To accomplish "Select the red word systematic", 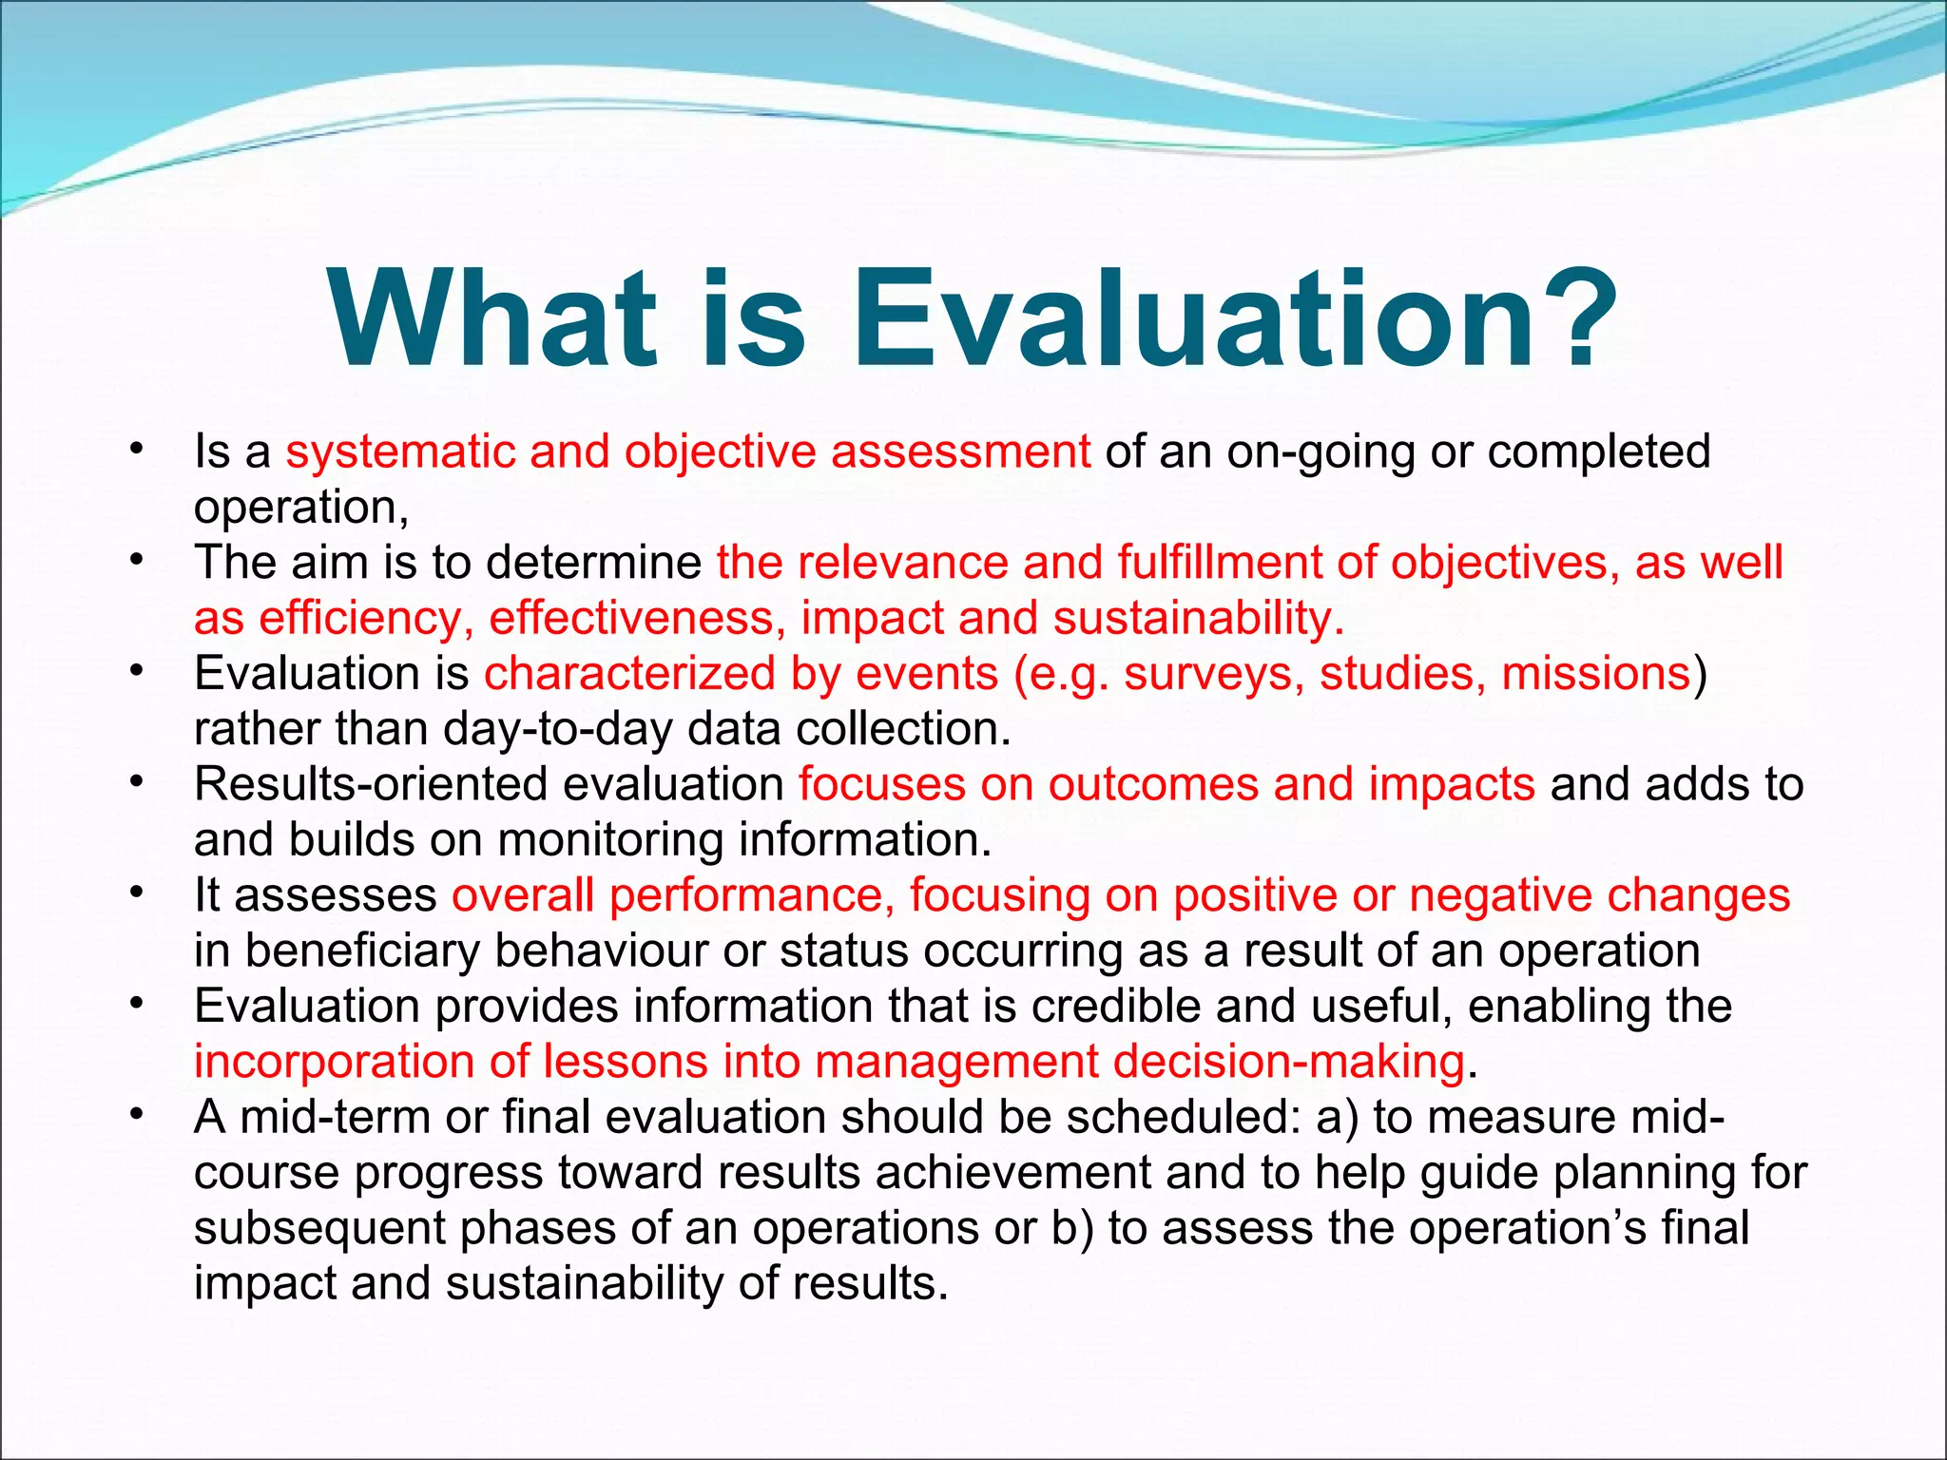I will pyautogui.click(x=399, y=451).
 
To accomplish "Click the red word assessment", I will pyautogui.click(x=960, y=451).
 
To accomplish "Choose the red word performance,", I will pyautogui.click(x=751, y=895).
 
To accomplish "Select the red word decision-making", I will pyautogui.click(x=1288, y=1062).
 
